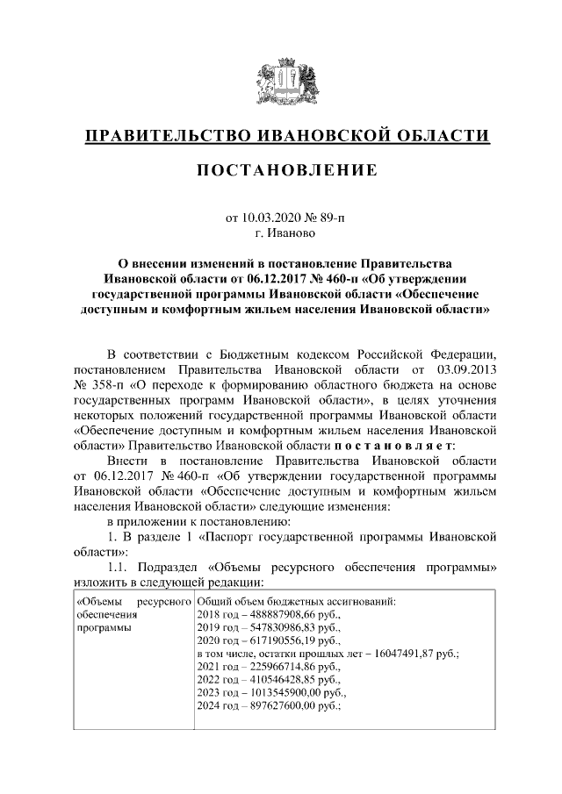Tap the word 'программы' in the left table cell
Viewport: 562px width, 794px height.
tap(100, 628)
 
